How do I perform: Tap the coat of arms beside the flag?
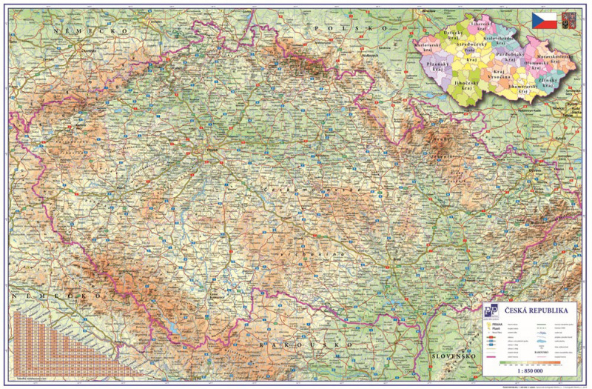point(568,20)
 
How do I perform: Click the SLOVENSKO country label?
point(453,356)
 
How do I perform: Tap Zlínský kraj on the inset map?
point(547,82)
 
